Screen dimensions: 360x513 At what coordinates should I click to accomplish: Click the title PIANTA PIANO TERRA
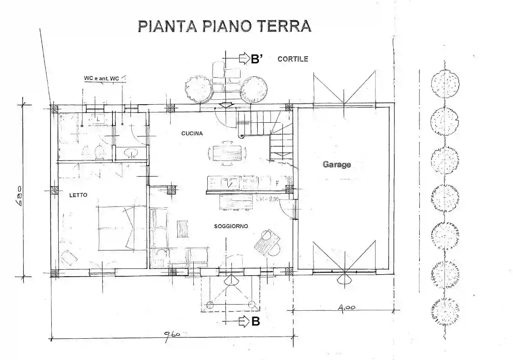click(x=224, y=25)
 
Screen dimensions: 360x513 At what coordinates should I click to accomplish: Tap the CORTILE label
click(x=293, y=59)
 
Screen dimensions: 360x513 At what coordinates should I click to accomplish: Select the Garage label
click(x=337, y=165)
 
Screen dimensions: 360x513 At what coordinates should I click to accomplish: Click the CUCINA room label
click(x=192, y=133)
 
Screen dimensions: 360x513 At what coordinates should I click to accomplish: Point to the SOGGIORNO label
click(x=231, y=226)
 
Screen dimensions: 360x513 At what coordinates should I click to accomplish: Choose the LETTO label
click(x=78, y=195)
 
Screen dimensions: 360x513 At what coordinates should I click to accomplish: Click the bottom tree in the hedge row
click(x=445, y=311)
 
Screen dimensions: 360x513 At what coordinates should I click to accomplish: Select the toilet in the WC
click(x=99, y=152)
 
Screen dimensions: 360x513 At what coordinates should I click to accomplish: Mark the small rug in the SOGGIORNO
click(x=182, y=229)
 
